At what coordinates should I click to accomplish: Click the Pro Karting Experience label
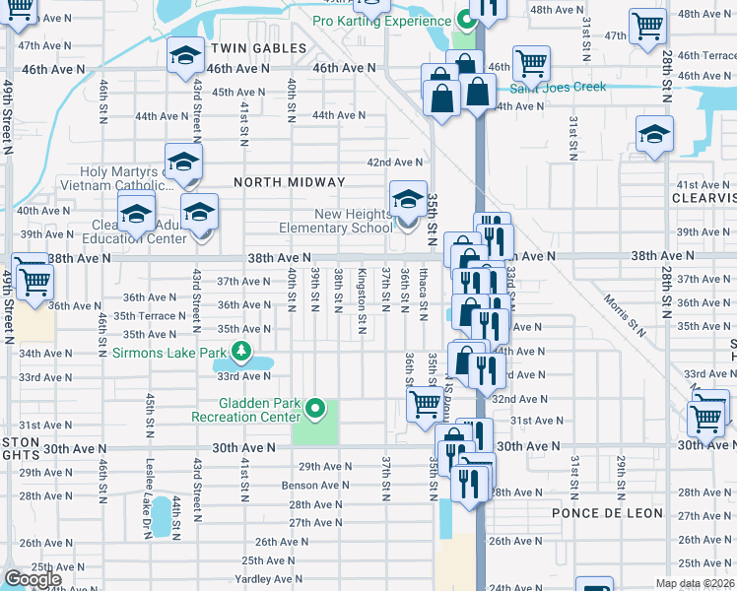(382, 21)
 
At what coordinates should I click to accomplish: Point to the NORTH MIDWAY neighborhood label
(289, 182)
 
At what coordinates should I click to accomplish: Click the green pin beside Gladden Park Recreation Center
(315, 406)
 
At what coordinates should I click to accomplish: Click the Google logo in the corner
(33, 579)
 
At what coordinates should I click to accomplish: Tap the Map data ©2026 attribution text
(694, 583)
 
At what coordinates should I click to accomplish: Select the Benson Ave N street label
(315, 485)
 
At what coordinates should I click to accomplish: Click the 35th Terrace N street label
(149, 316)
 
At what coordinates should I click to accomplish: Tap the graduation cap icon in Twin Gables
(184, 57)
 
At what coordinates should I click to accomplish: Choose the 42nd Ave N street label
(394, 163)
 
